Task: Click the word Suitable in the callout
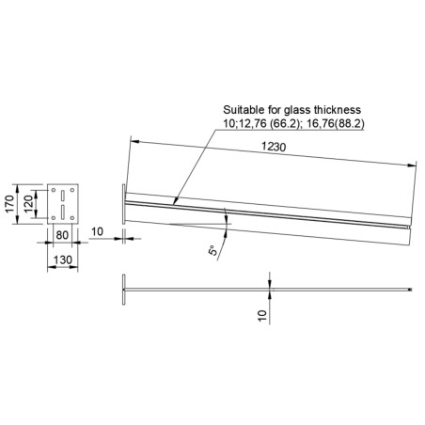[x=239, y=108]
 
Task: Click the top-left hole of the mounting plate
[x=54, y=188]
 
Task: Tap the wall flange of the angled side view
[x=123, y=203]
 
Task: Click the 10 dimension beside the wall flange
[x=98, y=229]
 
